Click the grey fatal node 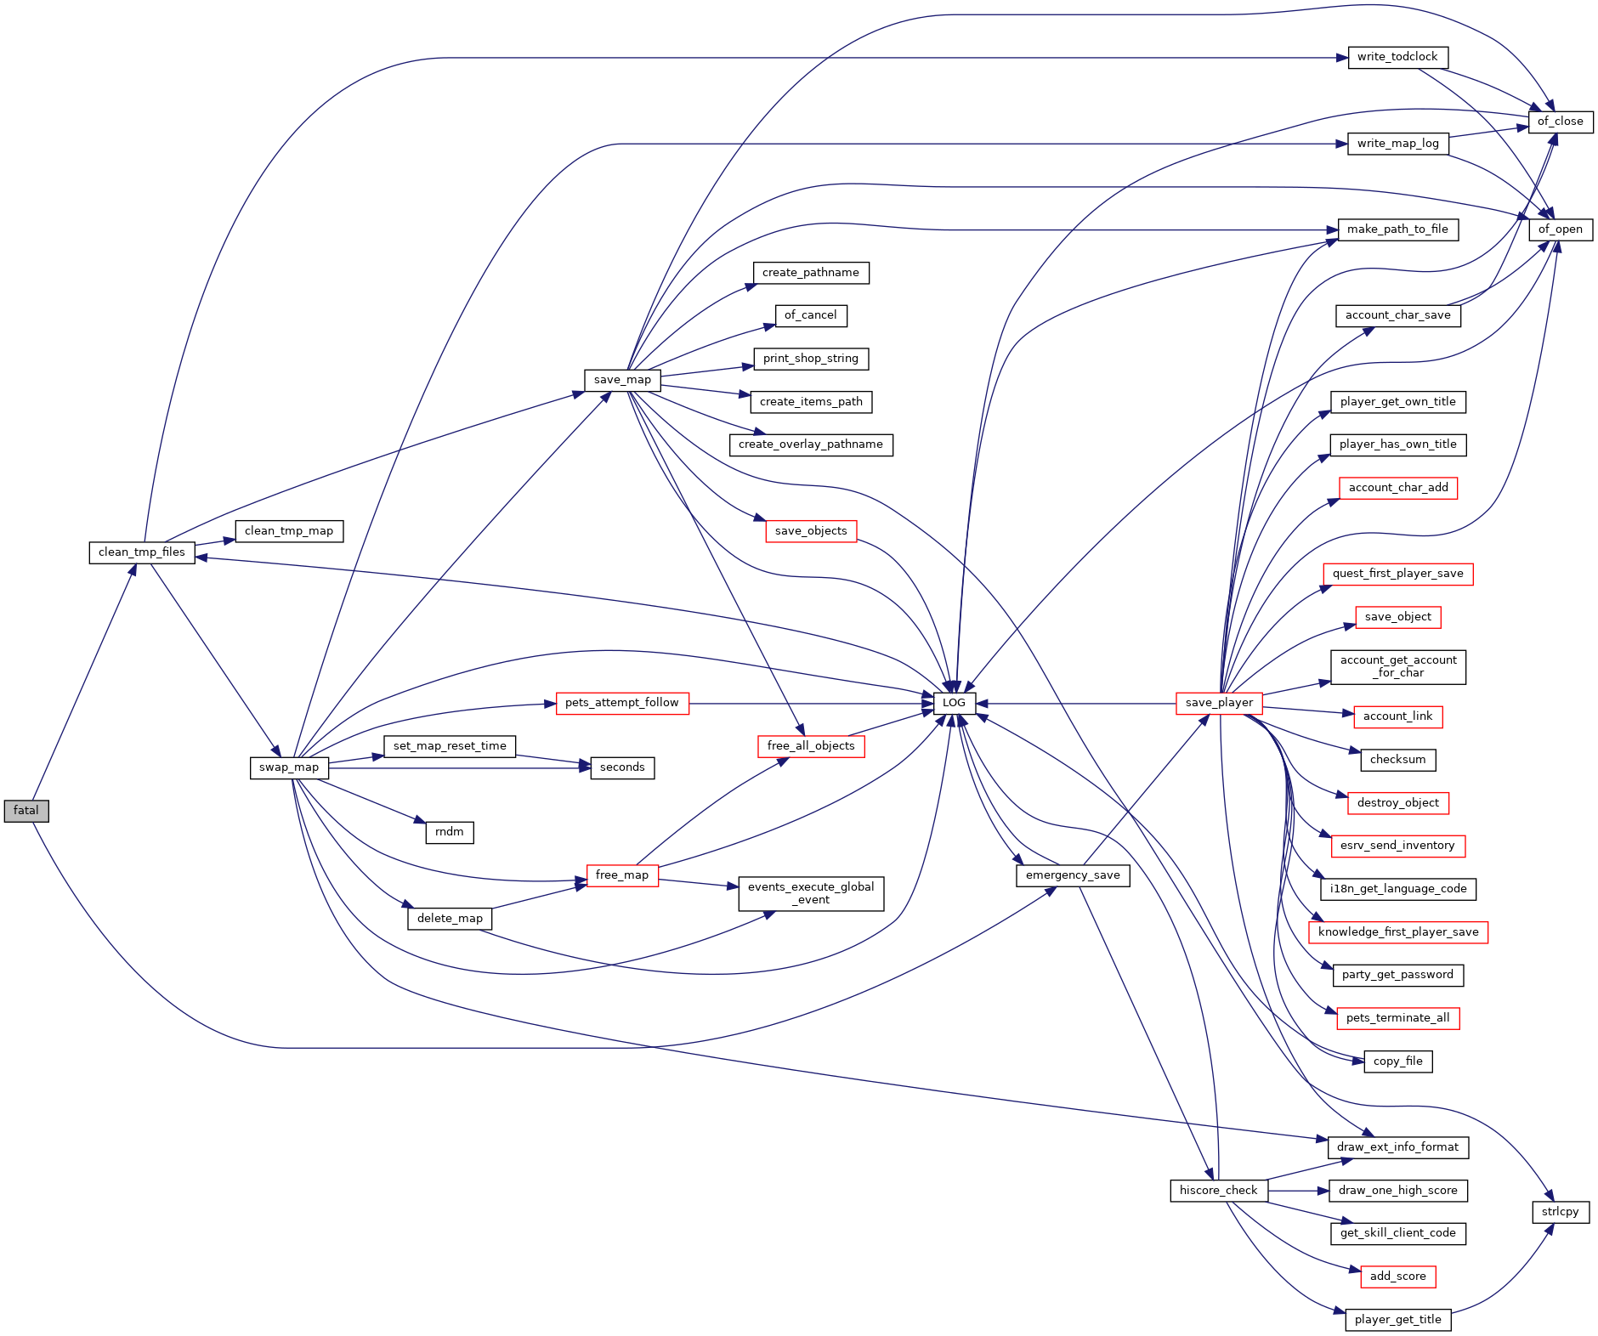pyautogui.click(x=26, y=811)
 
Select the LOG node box pyautogui.click(x=954, y=703)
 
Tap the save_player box pyautogui.click(x=1219, y=703)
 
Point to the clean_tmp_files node pyautogui.click(x=142, y=552)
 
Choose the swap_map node pyautogui.click(x=289, y=767)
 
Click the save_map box pyautogui.click(x=622, y=380)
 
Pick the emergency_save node pyautogui.click(x=1073, y=875)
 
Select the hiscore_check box pyautogui.click(x=1218, y=1191)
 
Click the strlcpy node pyautogui.click(x=1560, y=1212)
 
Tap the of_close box pyautogui.click(x=1560, y=122)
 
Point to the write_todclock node pyautogui.click(x=1397, y=57)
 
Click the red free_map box pyautogui.click(x=622, y=875)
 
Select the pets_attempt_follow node pyautogui.click(x=622, y=703)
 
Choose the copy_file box pyautogui.click(x=1397, y=1061)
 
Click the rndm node pyautogui.click(x=450, y=832)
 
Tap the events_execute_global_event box pyautogui.click(x=811, y=893)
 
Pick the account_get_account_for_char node pyautogui.click(x=1397, y=666)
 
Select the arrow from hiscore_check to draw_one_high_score pyautogui.click(x=1298, y=1191)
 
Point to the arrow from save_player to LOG pyautogui.click(x=1076, y=704)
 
